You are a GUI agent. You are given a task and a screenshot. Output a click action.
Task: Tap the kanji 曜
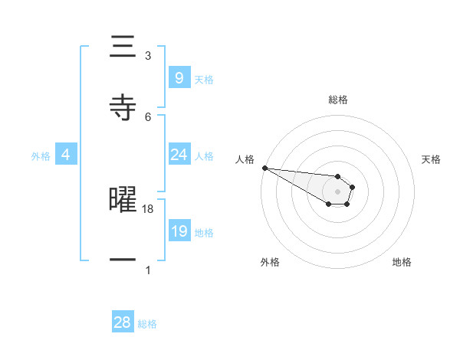(x=123, y=199)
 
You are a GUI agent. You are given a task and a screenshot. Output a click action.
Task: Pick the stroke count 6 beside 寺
(x=148, y=116)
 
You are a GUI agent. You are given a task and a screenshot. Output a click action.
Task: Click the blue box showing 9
(x=179, y=77)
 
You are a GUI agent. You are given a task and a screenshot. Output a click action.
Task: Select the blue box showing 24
(x=179, y=155)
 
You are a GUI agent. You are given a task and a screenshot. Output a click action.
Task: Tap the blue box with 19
(x=179, y=231)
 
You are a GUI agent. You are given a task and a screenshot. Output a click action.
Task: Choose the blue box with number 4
(x=66, y=155)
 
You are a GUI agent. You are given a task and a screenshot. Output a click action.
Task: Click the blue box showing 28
(x=123, y=322)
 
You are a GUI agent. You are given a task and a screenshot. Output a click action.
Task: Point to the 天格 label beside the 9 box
(x=204, y=80)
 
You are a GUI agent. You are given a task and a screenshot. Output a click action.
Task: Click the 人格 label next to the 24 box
(x=204, y=156)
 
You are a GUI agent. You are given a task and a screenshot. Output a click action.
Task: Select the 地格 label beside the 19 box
(x=204, y=233)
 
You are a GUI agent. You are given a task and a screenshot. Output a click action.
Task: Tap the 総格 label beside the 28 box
(x=147, y=324)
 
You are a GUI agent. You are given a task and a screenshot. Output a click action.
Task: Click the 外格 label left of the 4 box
(x=41, y=156)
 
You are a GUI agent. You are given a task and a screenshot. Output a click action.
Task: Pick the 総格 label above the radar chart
(x=338, y=100)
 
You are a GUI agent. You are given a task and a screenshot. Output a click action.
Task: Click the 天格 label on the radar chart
(x=432, y=159)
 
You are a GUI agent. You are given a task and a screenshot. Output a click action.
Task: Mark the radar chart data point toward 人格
(x=264, y=168)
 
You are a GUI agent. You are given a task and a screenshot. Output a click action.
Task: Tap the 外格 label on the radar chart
(x=270, y=262)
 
